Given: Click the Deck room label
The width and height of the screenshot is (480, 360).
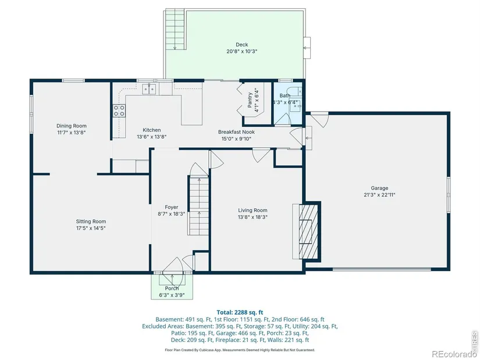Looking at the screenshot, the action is tap(241, 45).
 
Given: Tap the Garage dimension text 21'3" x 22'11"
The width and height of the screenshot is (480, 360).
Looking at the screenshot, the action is tap(379, 195).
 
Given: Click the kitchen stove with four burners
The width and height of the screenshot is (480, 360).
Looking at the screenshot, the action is tap(119, 111).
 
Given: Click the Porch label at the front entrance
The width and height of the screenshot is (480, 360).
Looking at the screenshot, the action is tap(172, 288).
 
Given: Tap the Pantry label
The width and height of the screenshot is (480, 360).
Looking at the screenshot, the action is tap(250, 100).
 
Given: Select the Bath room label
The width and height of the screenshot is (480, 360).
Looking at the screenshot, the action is tap(285, 96).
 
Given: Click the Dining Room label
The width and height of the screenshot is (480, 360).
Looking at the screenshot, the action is tap(72, 126).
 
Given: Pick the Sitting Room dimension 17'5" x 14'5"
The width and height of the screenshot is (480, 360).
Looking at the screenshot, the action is tap(91, 228).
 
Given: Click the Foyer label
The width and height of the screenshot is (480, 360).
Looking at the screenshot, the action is tap(172, 207).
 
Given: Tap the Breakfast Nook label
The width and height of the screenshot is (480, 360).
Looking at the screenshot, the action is tap(236, 132).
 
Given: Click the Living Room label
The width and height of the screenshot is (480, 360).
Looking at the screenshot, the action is tap(253, 211).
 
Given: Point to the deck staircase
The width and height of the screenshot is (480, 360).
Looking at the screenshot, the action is tap(175, 30).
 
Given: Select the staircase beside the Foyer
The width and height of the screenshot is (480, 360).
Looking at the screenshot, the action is tap(198, 206).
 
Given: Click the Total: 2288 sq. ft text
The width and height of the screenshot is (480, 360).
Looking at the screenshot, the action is tap(240, 312).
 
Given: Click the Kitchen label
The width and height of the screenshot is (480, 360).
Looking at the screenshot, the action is tap(151, 130).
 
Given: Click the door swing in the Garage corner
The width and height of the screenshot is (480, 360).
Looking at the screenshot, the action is tap(319, 119).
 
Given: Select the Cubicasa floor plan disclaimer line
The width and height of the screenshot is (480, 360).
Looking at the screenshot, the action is tap(240, 350).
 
